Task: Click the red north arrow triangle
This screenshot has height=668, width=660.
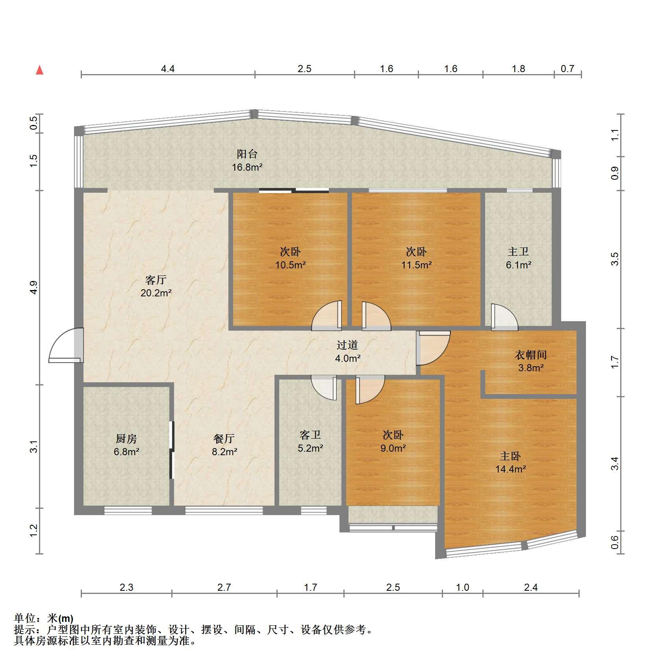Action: (x=39, y=70)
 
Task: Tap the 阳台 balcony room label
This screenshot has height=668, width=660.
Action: (x=247, y=154)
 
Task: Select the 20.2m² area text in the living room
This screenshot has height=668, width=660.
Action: (x=156, y=293)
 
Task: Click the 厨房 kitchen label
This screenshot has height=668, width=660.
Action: (x=126, y=439)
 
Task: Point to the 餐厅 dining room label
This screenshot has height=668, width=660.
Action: (x=224, y=439)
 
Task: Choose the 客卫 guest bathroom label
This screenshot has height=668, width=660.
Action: (x=310, y=435)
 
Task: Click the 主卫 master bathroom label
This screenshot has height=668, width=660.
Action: (x=518, y=251)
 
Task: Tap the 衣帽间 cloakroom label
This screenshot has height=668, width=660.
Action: (x=530, y=355)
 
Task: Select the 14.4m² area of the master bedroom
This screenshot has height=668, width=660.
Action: (x=511, y=469)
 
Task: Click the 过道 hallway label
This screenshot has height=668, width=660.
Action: (x=347, y=345)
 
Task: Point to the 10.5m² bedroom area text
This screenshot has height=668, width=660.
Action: (x=290, y=265)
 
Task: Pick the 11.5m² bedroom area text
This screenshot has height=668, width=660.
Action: (x=416, y=265)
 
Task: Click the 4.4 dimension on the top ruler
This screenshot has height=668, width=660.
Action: (x=167, y=69)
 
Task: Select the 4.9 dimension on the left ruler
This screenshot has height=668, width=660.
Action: (x=34, y=287)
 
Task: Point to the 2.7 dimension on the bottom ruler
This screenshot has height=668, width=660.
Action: (x=224, y=588)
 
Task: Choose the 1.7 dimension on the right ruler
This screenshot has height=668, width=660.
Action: (x=615, y=362)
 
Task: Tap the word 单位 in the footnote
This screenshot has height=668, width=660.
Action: (x=25, y=619)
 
